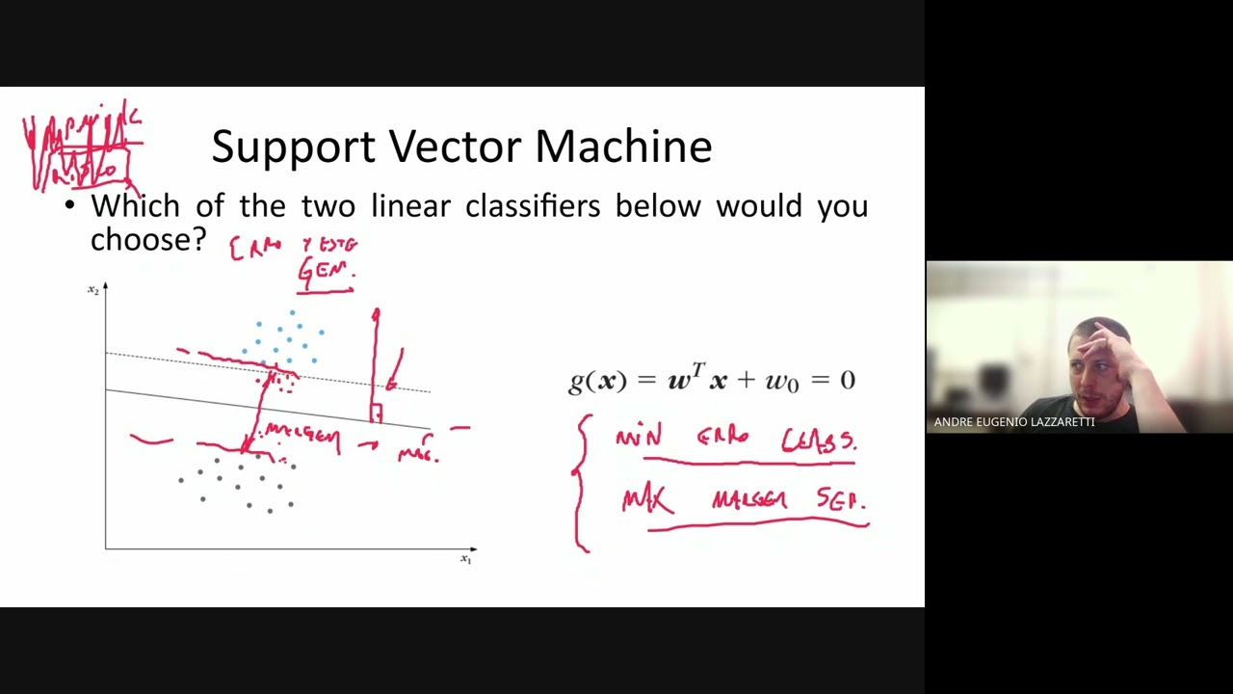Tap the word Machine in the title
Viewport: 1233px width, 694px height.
(623, 147)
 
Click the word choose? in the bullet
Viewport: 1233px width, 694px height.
(148, 239)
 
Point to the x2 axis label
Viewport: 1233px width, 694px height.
(93, 290)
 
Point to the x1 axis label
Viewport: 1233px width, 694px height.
(466, 559)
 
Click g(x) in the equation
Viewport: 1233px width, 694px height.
(592, 380)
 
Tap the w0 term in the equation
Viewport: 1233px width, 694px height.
(782, 381)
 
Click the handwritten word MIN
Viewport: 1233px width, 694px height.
(639, 439)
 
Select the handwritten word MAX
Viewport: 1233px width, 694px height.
(646, 501)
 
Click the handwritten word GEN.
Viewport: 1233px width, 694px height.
(327, 271)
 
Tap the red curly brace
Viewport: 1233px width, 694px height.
(581, 482)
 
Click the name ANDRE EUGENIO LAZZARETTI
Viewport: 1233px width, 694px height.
(1013, 422)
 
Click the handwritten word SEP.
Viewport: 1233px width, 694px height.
(841, 500)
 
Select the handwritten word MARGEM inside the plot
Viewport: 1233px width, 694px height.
(302, 436)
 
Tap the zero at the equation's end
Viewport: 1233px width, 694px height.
(847, 380)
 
